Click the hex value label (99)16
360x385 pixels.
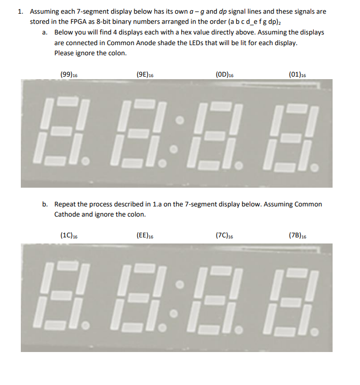pos(69,74)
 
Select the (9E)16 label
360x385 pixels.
pos(145,74)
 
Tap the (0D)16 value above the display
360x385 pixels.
pos(224,74)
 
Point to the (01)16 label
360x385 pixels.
pos(297,74)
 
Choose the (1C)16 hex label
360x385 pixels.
pos(69,235)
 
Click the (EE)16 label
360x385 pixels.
pos(145,235)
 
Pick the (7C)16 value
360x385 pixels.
pos(224,235)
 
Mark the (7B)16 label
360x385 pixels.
pos(297,235)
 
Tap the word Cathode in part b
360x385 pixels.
pos(68,214)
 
